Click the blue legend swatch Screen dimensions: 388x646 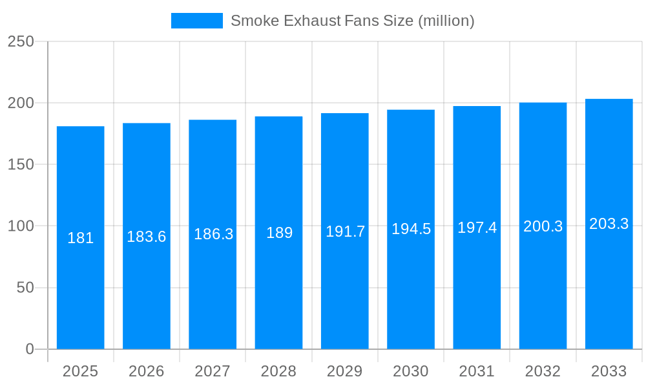click(x=196, y=21)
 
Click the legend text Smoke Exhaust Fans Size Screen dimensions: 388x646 click(x=352, y=21)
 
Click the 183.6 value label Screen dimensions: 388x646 click(x=147, y=237)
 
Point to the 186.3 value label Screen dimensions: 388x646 click(x=213, y=234)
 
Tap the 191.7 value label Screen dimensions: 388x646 click(x=345, y=232)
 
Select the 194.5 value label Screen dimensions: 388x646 click(x=411, y=229)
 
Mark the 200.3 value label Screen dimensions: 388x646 click(x=543, y=226)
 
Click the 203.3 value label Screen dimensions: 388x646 click(x=609, y=224)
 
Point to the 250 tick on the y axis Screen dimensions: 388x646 click(x=21, y=41)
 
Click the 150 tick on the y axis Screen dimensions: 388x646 click(x=21, y=164)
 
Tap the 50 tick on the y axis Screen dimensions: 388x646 click(x=25, y=287)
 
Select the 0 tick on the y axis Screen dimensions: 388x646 click(x=30, y=349)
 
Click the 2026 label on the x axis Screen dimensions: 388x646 click(x=147, y=371)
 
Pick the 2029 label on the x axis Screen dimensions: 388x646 click(x=345, y=371)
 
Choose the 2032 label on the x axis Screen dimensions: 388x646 click(x=543, y=371)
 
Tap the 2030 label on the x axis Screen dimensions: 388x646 click(x=411, y=371)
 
